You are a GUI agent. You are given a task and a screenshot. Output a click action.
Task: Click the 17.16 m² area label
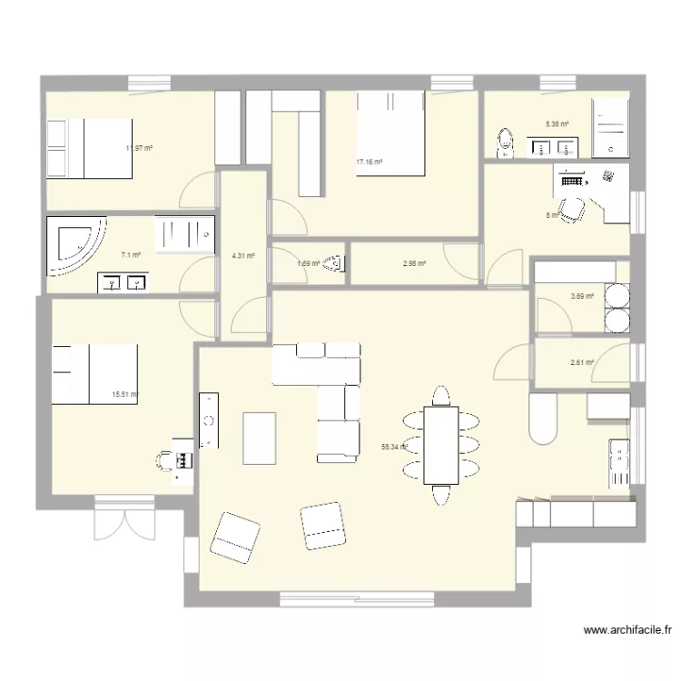tap(370, 163)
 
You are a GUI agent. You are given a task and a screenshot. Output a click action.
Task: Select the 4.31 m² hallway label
tap(243, 256)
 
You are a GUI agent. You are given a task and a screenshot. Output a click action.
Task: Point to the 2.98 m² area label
tap(414, 264)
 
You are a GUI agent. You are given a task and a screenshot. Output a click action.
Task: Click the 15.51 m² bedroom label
tap(124, 394)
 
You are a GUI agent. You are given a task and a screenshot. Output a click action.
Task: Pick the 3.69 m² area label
tap(582, 296)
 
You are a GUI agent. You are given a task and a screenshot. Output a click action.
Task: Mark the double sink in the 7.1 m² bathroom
tap(123, 283)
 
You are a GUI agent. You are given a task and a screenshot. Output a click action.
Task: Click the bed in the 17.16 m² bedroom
tap(391, 133)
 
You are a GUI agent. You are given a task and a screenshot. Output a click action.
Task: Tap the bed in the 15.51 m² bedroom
tap(94, 373)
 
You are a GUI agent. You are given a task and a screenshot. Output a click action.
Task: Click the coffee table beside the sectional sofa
tap(260, 438)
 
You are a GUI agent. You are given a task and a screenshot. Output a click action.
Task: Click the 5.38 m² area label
tap(557, 124)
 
